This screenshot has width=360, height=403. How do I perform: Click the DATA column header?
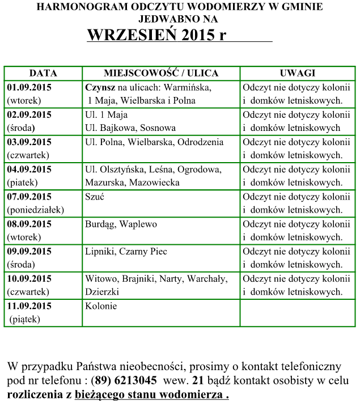click(x=43, y=74)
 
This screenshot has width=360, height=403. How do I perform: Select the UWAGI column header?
click(x=297, y=74)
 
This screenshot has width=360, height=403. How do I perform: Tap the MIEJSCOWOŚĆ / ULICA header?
click(x=161, y=74)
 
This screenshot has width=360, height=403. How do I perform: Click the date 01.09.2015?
click(x=29, y=88)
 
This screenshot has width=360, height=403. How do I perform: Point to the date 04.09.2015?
click(x=29, y=169)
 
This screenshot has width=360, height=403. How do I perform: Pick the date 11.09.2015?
click(x=29, y=306)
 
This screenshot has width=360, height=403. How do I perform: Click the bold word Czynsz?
click(x=100, y=88)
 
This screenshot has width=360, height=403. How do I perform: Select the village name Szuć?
click(x=95, y=197)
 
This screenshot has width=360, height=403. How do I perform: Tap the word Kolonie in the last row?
click(x=101, y=306)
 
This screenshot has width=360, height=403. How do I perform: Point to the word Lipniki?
click(x=100, y=251)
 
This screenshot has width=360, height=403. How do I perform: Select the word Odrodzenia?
click(x=200, y=142)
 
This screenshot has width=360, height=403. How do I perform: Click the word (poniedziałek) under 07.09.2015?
click(x=36, y=210)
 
